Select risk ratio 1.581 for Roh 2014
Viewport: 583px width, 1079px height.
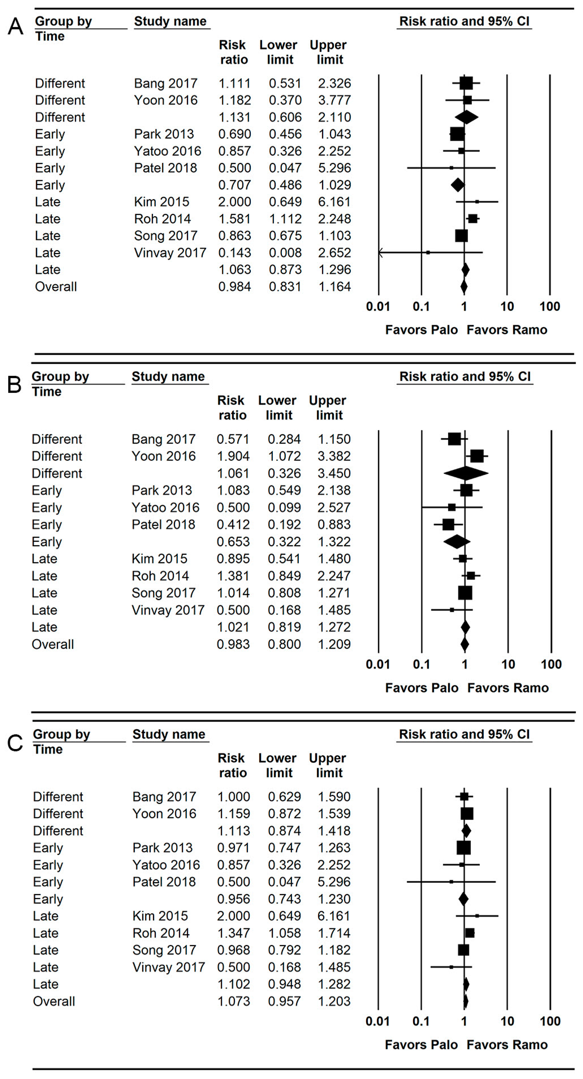click(234, 219)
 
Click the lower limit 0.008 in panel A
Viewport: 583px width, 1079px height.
click(285, 253)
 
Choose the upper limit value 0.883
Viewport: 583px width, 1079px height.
click(334, 524)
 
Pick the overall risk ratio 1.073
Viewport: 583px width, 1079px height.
click(233, 1001)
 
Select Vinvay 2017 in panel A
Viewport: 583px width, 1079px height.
click(170, 253)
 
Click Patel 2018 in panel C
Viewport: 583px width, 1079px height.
click(164, 882)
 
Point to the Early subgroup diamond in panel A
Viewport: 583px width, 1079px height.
click(457, 185)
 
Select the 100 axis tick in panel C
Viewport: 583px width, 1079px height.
click(550, 1021)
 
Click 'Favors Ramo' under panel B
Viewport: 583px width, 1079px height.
click(508, 688)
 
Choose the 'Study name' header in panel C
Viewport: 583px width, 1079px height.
click(169, 734)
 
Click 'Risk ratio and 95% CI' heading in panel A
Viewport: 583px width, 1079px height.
click(464, 21)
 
